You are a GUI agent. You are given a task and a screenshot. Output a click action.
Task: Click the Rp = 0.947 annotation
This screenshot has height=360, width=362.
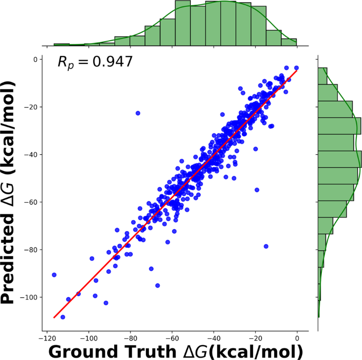[95, 62]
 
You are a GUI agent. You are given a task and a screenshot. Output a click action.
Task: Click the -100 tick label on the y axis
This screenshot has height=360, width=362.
[29, 297]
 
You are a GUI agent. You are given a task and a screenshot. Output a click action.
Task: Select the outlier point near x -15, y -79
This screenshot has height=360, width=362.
[266, 246]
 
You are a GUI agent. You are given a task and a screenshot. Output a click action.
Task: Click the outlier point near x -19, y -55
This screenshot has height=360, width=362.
[257, 190]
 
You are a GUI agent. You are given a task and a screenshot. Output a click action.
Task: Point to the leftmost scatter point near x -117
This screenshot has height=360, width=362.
[54, 275]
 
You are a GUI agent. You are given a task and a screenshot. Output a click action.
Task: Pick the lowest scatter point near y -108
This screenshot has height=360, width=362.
[63, 317]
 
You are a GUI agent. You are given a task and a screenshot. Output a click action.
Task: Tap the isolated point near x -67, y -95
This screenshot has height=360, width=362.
[157, 286]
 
